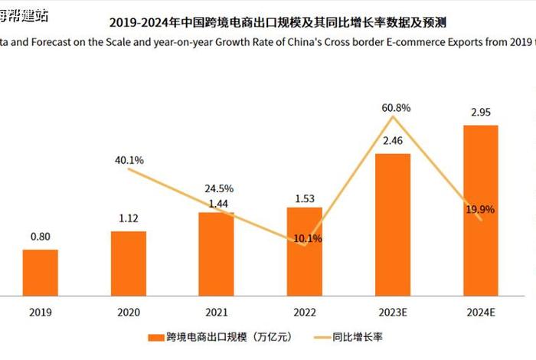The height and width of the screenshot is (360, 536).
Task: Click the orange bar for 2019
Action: (40, 272)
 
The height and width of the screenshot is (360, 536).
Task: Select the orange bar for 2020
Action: (129, 263)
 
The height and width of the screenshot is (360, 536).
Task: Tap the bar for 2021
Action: (217, 254)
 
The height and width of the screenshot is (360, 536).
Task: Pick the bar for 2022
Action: (305, 251)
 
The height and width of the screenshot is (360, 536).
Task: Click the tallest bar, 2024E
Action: (481, 210)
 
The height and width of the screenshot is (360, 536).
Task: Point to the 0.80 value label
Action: (40, 237)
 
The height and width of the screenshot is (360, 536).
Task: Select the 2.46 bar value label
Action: (393, 141)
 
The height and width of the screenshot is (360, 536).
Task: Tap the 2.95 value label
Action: (481, 113)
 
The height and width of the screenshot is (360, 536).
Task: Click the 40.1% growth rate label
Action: (129, 160)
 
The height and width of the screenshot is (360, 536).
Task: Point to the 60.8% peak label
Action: (393, 107)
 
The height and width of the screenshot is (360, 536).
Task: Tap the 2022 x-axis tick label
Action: (305, 312)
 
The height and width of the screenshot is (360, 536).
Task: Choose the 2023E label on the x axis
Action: (393, 312)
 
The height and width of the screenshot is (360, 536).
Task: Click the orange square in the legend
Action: (151, 337)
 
